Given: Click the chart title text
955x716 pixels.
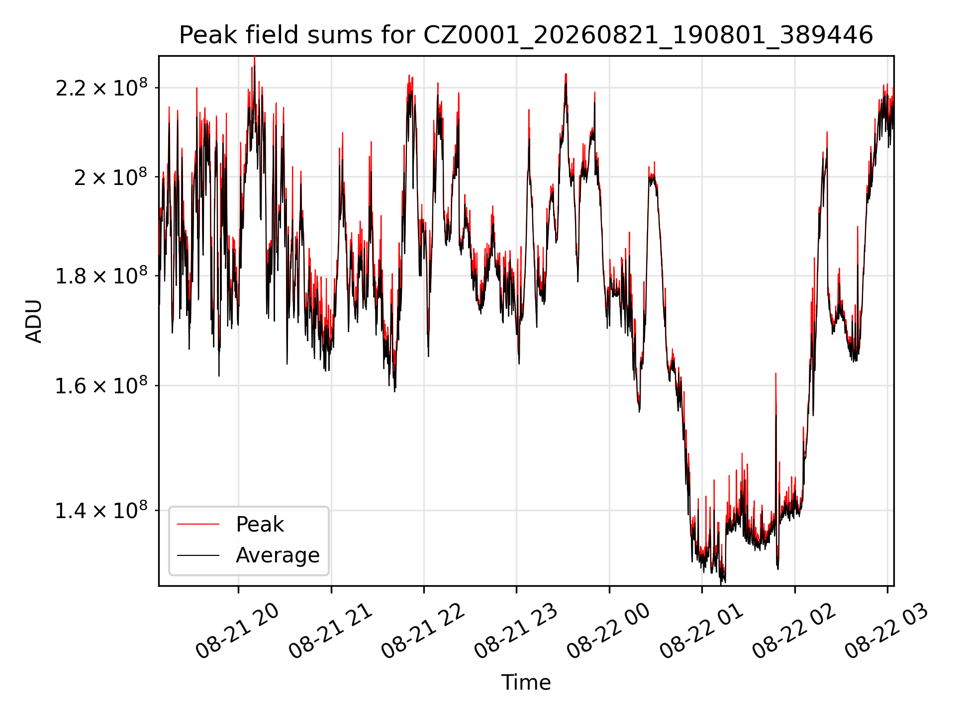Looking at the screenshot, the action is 526,35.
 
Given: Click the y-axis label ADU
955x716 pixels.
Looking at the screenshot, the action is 34,321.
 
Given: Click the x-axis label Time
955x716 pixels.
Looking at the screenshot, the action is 526,682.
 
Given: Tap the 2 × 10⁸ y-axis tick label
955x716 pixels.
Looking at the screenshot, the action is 111,177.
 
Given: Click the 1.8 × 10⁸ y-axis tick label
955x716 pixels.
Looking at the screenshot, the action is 101,275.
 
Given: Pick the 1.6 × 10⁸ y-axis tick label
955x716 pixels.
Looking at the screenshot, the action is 101,385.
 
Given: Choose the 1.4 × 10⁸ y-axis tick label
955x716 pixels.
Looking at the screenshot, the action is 101,510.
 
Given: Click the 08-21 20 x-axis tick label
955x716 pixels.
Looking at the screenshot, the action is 237,630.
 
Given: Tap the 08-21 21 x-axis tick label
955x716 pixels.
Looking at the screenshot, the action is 330,630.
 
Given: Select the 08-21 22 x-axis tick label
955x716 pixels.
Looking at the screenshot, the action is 423,630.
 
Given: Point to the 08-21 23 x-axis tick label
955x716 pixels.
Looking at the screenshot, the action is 516,630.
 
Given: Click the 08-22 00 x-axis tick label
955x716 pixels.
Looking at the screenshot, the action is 608,630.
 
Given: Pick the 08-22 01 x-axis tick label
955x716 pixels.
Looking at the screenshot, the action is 701,630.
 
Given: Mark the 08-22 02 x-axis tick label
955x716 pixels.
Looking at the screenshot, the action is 794,630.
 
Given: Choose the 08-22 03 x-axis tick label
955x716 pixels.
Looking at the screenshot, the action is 887,630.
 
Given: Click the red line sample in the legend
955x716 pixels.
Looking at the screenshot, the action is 198,524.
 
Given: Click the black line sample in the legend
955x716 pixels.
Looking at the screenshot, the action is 198,555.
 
